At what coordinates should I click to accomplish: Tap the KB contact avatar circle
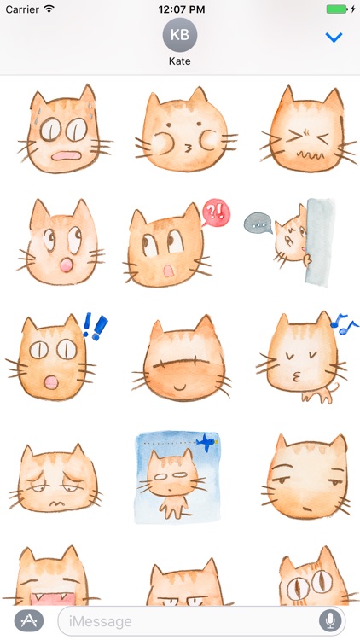coord(180,35)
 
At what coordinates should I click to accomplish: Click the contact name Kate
coord(180,62)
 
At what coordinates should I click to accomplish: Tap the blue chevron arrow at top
coord(334,38)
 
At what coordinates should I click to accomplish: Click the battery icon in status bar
coord(340,9)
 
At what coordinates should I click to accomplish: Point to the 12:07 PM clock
coord(179,9)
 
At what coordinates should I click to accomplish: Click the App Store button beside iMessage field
coord(29,620)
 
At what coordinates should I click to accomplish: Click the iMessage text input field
coord(183,620)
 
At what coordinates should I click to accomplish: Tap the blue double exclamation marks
coord(94,325)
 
